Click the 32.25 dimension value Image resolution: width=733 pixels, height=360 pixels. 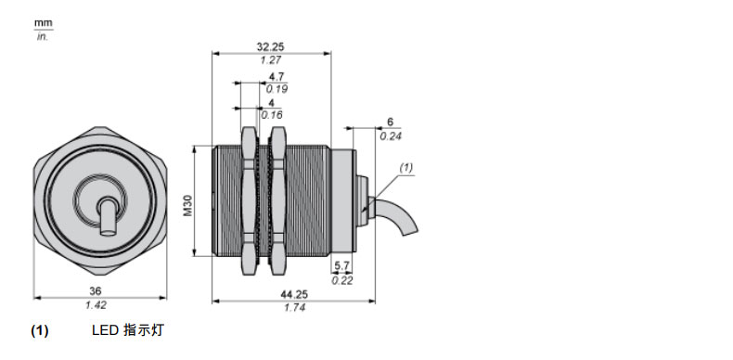[x=270, y=46]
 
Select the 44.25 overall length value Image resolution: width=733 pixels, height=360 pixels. [x=294, y=294]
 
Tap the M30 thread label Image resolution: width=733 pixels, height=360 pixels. [x=188, y=206]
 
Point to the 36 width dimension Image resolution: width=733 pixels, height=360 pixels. [x=96, y=291]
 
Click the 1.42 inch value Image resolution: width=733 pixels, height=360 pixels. [x=96, y=305]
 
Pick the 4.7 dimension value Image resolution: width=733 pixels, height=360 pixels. [x=276, y=77]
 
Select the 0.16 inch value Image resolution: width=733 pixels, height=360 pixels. [x=272, y=115]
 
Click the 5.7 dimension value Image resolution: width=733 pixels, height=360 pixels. [x=342, y=266]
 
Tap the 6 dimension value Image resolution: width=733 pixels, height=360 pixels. [x=391, y=122]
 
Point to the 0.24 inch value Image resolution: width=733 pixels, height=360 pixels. [x=391, y=136]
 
